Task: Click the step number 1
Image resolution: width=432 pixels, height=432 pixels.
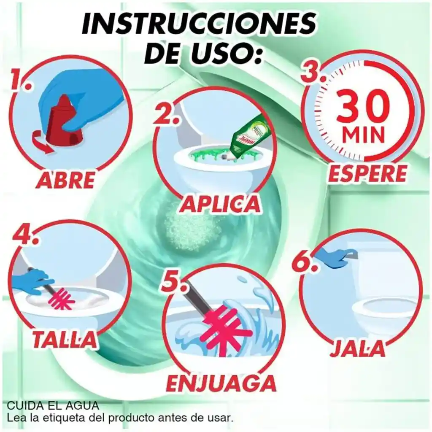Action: (20, 80)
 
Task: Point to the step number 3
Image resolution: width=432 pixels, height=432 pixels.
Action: (313, 72)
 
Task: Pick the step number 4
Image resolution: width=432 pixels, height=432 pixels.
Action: (26, 234)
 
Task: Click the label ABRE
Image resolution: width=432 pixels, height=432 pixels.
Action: (65, 179)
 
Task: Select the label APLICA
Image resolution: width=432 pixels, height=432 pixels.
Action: (220, 204)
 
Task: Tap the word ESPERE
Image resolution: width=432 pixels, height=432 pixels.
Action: (367, 174)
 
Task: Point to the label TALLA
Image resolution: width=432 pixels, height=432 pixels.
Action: (65, 339)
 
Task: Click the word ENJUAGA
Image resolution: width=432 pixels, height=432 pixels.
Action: (221, 383)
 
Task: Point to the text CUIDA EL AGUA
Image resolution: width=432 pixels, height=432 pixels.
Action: (53, 405)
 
